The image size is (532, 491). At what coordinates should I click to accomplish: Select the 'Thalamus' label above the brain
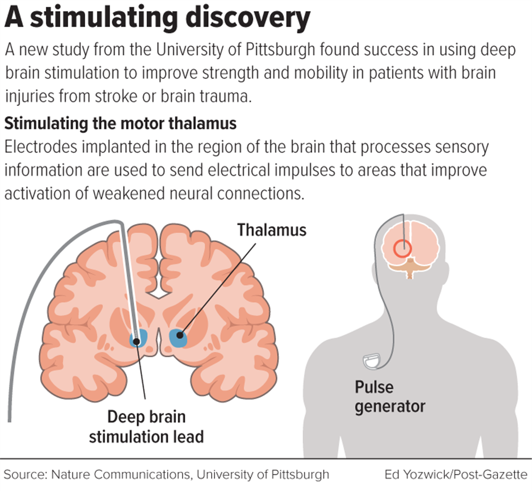tap(272, 230)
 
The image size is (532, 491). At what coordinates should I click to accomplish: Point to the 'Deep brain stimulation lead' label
tap(146, 427)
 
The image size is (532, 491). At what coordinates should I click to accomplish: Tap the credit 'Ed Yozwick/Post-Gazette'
tap(456, 473)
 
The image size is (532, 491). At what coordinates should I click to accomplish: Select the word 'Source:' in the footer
tap(26, 473)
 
